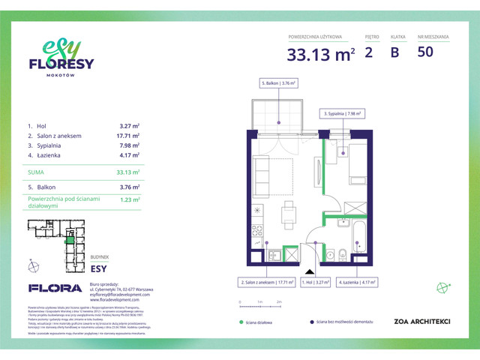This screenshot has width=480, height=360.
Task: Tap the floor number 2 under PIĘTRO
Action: [368, 52]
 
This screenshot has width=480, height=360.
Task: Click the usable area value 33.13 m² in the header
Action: [320, 53]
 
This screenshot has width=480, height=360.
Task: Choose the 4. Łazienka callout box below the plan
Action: [356, 283]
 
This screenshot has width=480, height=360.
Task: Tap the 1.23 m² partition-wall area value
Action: [130, 200]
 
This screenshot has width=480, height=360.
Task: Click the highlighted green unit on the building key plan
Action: [69, 239]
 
